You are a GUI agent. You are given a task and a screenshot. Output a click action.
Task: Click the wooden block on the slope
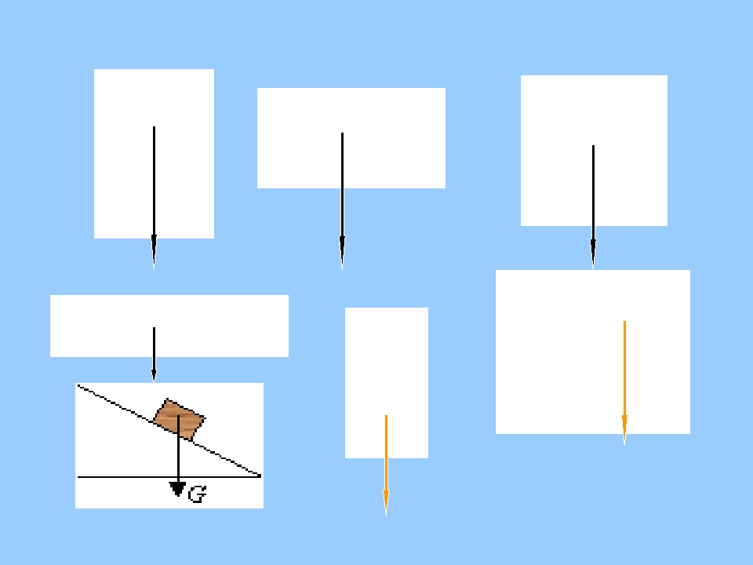point(179,419)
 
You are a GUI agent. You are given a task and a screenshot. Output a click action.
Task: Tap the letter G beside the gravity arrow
point(197,494)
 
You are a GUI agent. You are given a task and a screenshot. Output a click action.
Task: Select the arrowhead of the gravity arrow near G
point(178,489)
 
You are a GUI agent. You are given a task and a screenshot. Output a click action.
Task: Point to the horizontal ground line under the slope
point(169,477)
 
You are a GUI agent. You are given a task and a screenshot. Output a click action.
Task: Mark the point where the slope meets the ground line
point(260,476)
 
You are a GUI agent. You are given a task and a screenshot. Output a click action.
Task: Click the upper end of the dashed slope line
point(78,385)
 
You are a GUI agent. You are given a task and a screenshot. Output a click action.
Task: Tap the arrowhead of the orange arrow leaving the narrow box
point(386,503)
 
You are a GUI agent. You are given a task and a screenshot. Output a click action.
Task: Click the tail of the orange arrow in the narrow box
point(386,416)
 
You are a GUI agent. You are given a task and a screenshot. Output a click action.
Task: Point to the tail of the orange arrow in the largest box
point(624,322)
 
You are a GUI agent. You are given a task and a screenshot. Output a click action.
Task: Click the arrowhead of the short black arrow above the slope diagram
point(154,375)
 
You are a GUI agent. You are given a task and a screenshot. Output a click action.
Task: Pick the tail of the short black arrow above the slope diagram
point(154,328)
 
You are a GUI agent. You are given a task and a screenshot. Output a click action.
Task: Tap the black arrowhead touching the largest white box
point(593,254)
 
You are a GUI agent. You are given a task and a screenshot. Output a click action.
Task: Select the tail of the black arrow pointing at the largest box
point(593,146)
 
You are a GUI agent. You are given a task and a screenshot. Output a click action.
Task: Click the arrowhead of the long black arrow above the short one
point(154,252)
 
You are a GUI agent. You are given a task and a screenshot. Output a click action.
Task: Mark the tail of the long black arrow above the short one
point(154,127)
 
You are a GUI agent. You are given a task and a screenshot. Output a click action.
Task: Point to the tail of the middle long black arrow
point(342,133)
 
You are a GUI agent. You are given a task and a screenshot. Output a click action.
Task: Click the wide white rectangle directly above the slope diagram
point(169,326)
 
